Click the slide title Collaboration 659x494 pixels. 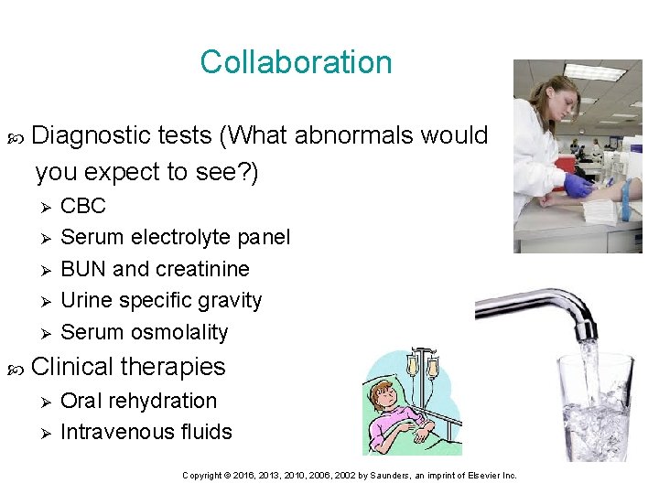tap(296, 62)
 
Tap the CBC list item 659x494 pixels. tap(83, 206)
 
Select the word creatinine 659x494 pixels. tap(202, 269)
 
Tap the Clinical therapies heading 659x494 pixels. tap(128, 367)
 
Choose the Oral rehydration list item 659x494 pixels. tap(138, 401)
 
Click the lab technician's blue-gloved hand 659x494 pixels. tap(577, 185)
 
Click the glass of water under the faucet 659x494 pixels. tap(596, 407)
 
